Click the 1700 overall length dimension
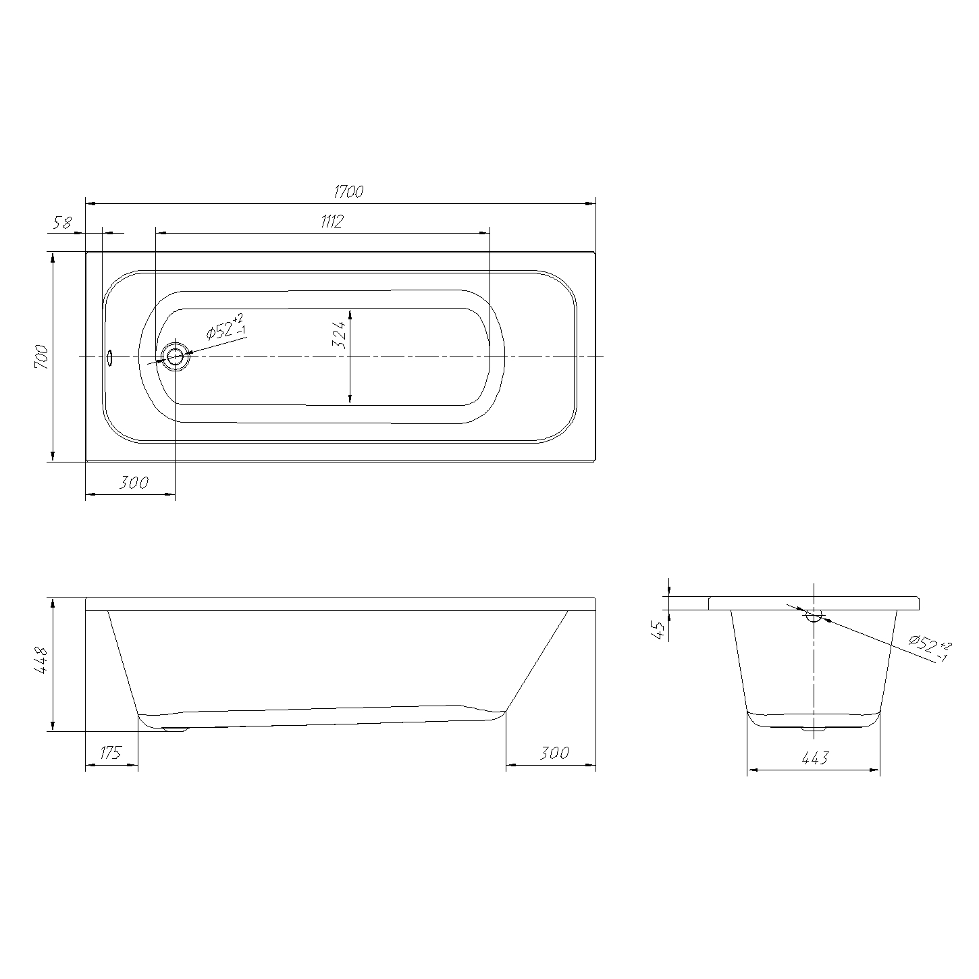[348, 192]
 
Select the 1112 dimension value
[332, 221]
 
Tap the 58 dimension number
[63, 223]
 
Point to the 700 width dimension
[42, 356]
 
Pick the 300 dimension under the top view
[134, 482]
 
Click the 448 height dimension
[41, 660]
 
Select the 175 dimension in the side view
[111, 752]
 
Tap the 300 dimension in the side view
[554, 752]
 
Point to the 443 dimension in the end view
[815, 758]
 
